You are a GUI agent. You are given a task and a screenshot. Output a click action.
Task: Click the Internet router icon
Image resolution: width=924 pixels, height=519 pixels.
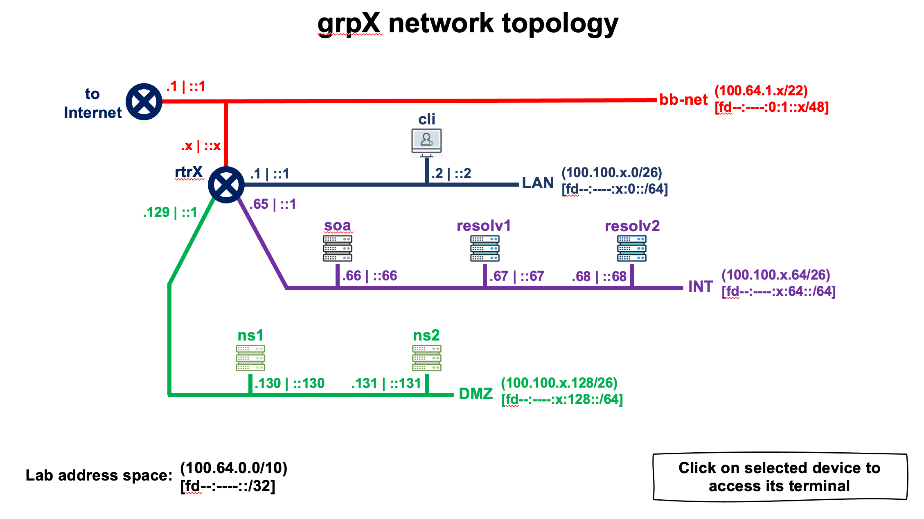(x=144, y=102)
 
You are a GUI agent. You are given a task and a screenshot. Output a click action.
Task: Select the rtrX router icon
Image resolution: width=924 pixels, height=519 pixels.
(x=226, y=185)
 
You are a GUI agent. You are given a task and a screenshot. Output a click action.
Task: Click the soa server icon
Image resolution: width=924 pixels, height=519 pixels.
(x=338, y=248)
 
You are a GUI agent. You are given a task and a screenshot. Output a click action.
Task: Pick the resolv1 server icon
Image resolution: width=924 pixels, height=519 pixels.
(x=485, y=248)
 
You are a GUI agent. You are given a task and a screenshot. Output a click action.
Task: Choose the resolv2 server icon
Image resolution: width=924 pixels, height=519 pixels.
(x=631, y=248)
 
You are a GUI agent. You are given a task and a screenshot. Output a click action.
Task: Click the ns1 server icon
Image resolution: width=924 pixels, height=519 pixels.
(x=250, y=358)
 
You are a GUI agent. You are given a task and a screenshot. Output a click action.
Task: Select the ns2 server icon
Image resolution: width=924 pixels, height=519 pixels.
(x=426, y=358)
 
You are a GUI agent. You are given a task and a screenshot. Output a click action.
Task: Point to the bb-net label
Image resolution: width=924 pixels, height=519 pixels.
(x=683, y=99)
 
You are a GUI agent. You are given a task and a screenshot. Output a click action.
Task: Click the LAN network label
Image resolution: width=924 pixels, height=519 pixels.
(x=538, y=183)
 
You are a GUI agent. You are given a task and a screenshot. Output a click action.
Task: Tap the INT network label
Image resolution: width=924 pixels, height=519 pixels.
(x=701, y=287)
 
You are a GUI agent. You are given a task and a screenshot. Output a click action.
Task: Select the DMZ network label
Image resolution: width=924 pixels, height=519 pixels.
(x=476, y=394)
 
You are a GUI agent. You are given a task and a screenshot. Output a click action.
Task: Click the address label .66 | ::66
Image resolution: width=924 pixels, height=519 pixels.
(x=370, y=275)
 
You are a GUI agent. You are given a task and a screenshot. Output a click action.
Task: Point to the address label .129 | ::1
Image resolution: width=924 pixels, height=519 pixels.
(x=170, y=212)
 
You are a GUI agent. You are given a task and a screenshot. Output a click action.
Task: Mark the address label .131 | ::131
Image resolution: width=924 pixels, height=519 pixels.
(x=386, y=384)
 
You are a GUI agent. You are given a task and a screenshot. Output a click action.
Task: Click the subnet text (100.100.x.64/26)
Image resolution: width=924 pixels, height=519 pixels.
(x=775, y=275)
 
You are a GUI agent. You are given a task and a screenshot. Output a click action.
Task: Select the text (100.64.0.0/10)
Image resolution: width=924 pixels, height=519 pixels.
(x=234, y=467)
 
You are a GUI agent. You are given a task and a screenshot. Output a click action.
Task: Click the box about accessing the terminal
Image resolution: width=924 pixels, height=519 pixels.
(x=780, y=477)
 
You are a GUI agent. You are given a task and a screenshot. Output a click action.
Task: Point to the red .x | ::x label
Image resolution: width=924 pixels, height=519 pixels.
(x=201, y=146)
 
